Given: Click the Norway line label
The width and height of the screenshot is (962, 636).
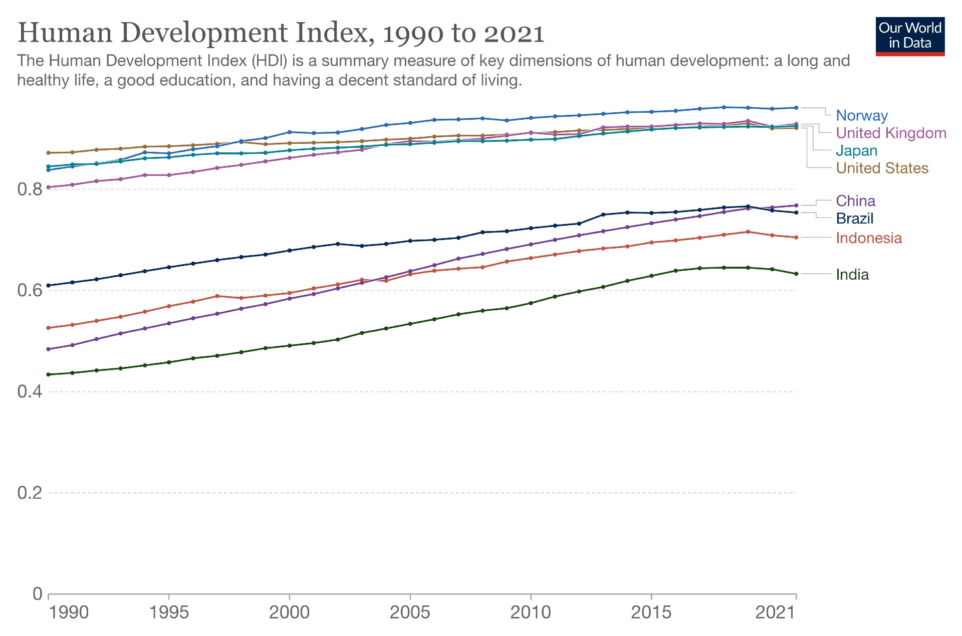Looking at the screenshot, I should click(x=861, y=115).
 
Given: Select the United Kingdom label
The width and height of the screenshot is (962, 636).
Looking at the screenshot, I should click(x=891, y=133).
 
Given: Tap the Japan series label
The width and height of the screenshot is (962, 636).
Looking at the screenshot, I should click(x=856, y=150).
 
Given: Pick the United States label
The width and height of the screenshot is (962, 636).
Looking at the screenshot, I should click(x=882, y=168).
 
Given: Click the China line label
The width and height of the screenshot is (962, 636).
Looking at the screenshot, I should click(x=855, y=201).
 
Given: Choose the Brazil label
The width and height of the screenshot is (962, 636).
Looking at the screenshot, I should click(x=854, y=219).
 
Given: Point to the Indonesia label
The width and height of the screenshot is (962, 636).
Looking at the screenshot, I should click(x=868, y=238).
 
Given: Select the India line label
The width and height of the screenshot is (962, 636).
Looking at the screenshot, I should click(x=852, y=275).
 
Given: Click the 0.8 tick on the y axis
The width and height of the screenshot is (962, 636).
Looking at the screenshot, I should click(x=30, y=189).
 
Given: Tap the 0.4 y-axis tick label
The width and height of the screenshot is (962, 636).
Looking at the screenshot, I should click(x=30, y=391).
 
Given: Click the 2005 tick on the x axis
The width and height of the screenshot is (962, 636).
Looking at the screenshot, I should click(x=410, y=612).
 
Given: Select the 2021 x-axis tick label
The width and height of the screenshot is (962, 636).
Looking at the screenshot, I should click(x=775, y=612).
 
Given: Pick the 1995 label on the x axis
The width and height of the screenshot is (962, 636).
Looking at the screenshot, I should click(x=169, y=612).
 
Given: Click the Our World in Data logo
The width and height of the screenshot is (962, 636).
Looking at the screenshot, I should click(x=910, y=36).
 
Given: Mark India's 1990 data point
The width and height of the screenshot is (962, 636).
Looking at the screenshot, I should click(x=49, y=374).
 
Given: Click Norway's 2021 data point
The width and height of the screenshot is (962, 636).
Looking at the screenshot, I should click(x=796, y=108).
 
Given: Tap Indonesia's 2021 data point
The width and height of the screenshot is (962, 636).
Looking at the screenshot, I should click(x=796, y=238).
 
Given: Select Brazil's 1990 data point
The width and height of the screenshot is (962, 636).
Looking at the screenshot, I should click(x=49, y=286).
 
